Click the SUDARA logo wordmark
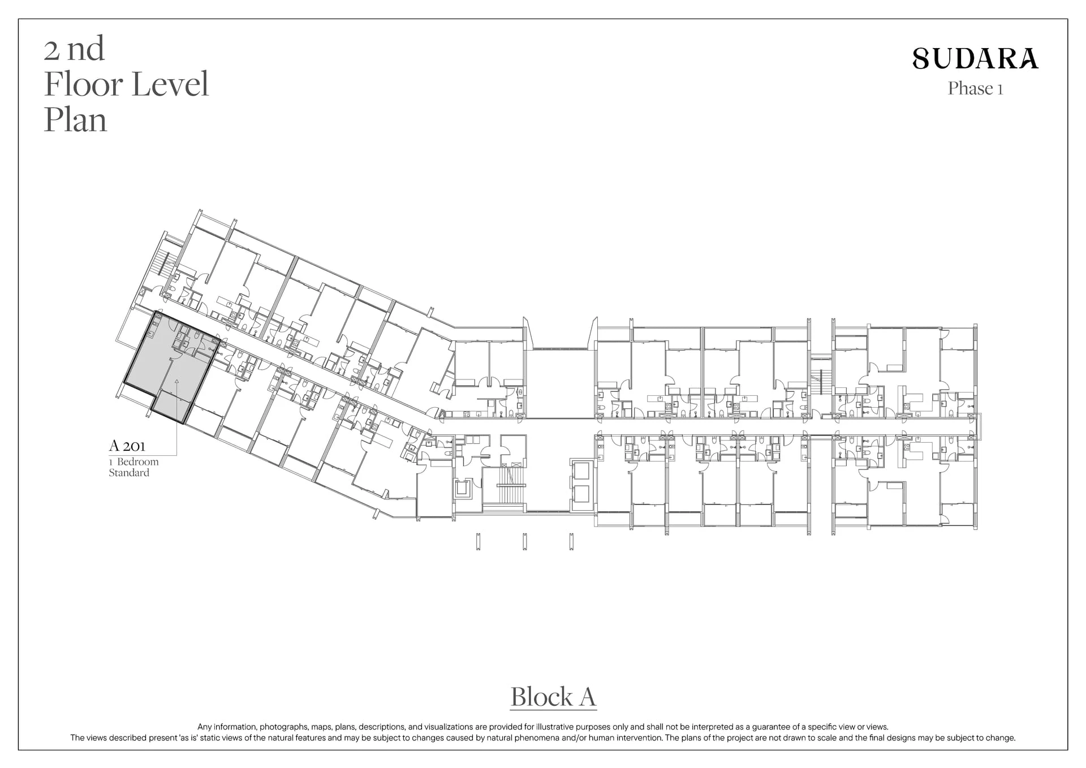[976, 58]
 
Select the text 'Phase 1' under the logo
[976, 89]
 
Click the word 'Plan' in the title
[75, 120]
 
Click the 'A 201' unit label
[127, 446]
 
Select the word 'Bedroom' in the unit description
[138, 462]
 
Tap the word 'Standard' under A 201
[129, 473]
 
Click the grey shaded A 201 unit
[170, 368]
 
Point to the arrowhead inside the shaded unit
[176, 381]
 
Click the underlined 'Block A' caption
[553, 697]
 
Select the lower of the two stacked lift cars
[581, 495]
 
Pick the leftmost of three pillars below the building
[479, 541]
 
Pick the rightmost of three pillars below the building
[572, 541]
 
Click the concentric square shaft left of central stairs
[463, 488]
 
